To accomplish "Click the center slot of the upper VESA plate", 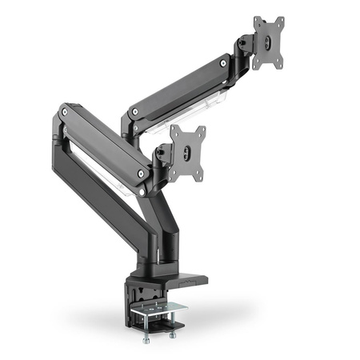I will (x=270, y=43).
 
